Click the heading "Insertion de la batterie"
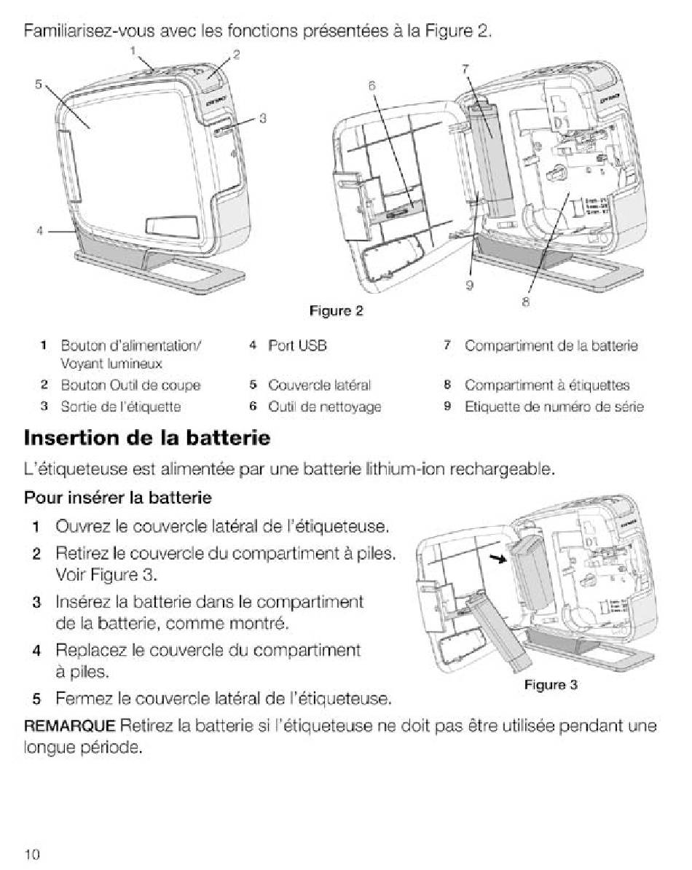147,438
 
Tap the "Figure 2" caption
336,310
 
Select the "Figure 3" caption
551,685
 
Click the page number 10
32,854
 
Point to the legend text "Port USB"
297,345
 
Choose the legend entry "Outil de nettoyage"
324,407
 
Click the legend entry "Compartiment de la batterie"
551,345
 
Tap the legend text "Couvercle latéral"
319,385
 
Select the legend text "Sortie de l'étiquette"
121,407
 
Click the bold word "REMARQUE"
69,726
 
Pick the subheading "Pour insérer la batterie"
117,497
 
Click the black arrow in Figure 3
498,557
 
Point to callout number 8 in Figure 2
525,302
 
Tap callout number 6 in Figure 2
372,85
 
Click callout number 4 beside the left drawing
39,230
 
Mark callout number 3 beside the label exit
263,118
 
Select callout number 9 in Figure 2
469,285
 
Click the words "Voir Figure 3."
106,575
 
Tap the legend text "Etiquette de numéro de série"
554,407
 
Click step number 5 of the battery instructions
36,699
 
